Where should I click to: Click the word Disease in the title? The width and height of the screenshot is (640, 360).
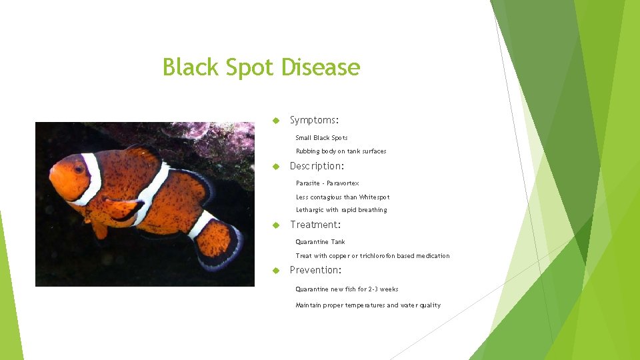tap(321, 67)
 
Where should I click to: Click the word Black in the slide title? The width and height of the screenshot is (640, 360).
tap(189, 67)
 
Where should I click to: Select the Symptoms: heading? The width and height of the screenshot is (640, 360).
tap(314, 120)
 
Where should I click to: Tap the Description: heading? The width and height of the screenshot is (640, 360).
tap(317, 166)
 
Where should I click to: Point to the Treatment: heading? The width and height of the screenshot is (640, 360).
tap(315, 225)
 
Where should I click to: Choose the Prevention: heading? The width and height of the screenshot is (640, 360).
tap(316, 270)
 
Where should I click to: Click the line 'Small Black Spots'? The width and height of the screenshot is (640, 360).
tap(321, 138)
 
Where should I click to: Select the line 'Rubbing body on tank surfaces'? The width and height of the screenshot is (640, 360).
tap(341, 151)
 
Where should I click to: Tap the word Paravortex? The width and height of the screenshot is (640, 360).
tap(343, 183)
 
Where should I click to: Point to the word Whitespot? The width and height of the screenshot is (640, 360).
tap(374, 197)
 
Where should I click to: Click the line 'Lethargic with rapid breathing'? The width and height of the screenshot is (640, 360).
tap(341, 210)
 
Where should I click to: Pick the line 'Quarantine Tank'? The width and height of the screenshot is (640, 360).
tap(320, 242)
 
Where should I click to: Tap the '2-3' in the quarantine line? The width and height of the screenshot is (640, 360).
tap(374, 289)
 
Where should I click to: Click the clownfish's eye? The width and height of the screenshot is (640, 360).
tap(79, 169)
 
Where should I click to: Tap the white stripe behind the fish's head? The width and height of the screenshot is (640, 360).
tap(92, 179)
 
